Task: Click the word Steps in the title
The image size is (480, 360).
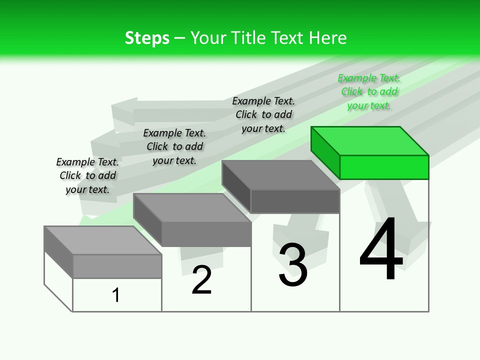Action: [x=147, y=38]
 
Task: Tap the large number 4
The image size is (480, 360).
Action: [x=381, y=250]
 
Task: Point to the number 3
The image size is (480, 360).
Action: [x=293, y=265]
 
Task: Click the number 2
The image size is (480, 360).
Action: [x=201, y=280]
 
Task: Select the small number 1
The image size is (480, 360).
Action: [x=116, y=295]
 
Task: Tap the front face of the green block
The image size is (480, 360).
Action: [x=384, y=167]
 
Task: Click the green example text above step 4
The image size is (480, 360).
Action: [x=369, y=91]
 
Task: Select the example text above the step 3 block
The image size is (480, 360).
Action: [x=263, y=114]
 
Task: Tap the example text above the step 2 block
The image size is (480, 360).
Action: [x=174, y=146]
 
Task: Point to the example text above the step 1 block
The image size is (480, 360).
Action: [x=87, y=175]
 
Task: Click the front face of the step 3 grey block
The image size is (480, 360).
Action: [x=295, y=201]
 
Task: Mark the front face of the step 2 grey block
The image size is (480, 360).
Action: [x=206, y=234]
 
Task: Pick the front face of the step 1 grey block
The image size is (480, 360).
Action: [x=117, y=266]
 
